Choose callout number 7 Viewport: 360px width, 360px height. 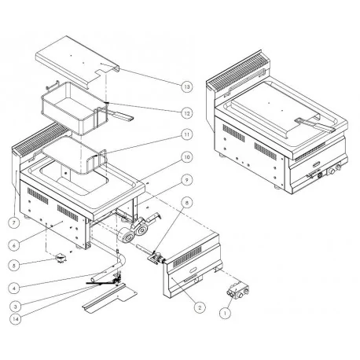[13, 223]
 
